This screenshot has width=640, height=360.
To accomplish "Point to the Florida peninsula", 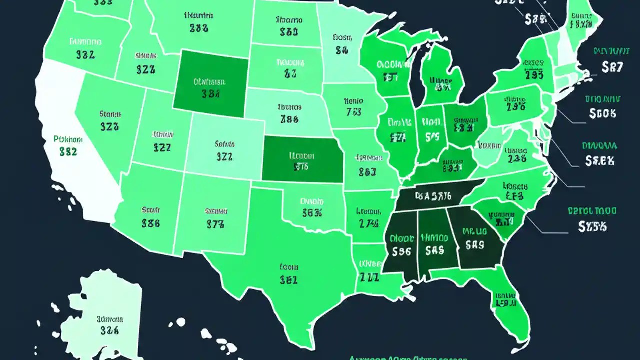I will tap(505, 305).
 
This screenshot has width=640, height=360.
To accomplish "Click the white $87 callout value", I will tap(612, 67).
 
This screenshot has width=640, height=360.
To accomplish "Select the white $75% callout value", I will tap(593, 226).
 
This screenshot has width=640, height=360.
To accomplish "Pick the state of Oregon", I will tap(82, 47).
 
